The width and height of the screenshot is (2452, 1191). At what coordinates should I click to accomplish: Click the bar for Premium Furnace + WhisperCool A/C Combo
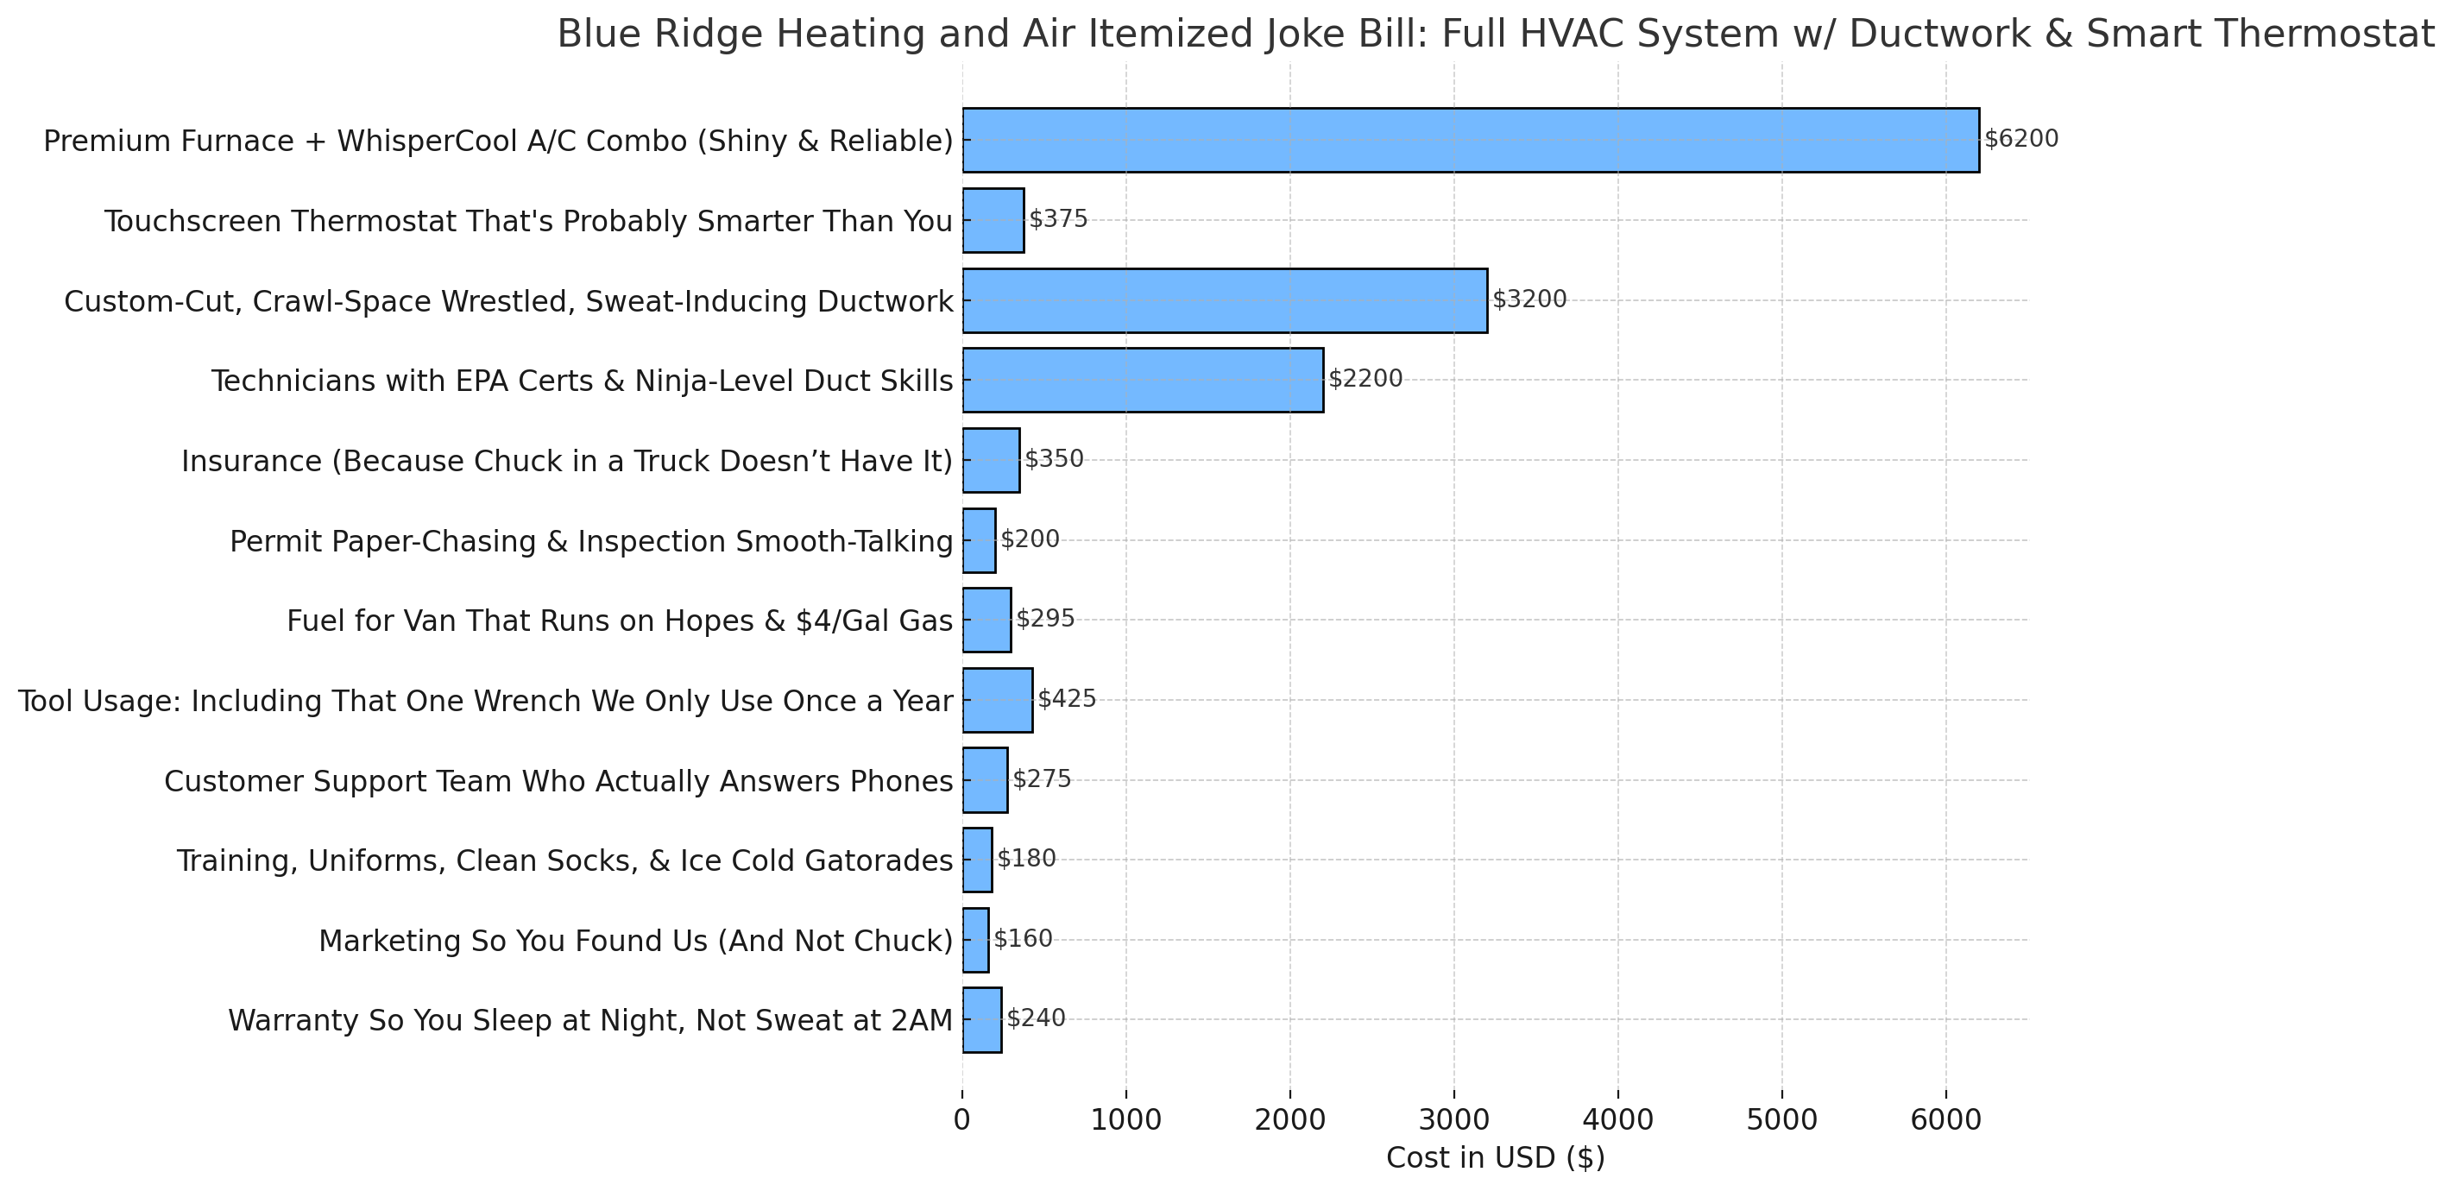(x=1470, y=140)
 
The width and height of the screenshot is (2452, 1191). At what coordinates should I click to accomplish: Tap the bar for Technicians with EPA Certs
(x=1142, y=380)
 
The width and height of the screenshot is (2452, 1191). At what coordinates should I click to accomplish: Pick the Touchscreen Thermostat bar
(x=993, y=220)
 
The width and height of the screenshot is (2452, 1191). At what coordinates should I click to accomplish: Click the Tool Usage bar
(x=997, y=700)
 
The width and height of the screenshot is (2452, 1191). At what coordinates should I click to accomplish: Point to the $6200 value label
(x=2020, y=139)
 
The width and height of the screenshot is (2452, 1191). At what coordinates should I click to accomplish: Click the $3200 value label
(x=1529, y=299)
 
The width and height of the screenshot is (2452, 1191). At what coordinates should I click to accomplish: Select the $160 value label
(x=1024, y=939)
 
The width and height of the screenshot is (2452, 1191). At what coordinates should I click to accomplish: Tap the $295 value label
(x=1045, y=619)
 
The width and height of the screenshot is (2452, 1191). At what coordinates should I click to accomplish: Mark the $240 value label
(x=1036, y=1018)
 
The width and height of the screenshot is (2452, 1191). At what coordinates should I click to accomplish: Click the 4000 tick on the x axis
(x=1617, y=1120)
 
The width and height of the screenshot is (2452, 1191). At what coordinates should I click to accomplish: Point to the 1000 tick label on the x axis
(x=1126, y=1120)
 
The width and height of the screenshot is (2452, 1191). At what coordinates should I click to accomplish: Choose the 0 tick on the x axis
(x=962, y=1120)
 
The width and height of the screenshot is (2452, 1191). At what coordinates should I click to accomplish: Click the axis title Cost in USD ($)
(x=1496, y=1158)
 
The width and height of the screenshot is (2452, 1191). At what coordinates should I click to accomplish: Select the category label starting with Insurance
(x=566, y=462)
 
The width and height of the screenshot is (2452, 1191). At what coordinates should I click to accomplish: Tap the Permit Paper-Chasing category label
(x=590, y=542)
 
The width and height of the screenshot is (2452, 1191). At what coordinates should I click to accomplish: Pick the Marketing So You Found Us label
(x=635, y=942)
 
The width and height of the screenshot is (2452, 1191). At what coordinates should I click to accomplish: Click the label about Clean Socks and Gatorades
(x=564, y=861)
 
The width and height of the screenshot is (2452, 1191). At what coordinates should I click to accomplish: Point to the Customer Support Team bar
(x=984, y=779)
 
